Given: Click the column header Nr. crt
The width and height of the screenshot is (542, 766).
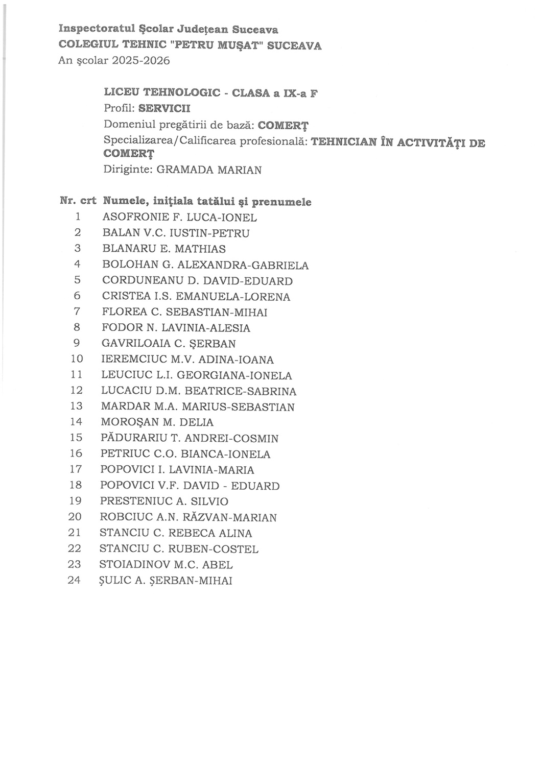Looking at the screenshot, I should pyautogui.click(x=78, y=201).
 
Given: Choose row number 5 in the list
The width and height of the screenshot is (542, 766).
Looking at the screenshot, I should pyautogui.click(x=78, y=280).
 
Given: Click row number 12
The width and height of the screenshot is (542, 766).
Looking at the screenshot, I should pyautogui.click(x=77, y=391).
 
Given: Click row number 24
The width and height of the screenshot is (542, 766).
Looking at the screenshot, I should pyautogui.click(x=75, y=581).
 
